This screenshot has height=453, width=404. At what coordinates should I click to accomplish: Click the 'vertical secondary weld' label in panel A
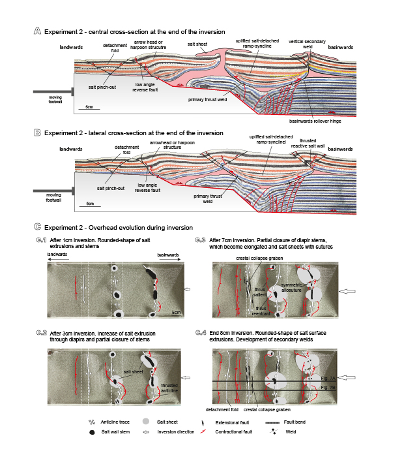(307, 43)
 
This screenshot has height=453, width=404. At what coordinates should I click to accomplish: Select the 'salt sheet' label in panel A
(197, 44)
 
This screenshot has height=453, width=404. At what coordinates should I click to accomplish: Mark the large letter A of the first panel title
(37, 31)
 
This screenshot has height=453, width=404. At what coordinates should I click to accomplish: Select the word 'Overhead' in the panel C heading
(113, 228)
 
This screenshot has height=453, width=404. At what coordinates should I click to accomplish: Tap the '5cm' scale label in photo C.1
(172, 313)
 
